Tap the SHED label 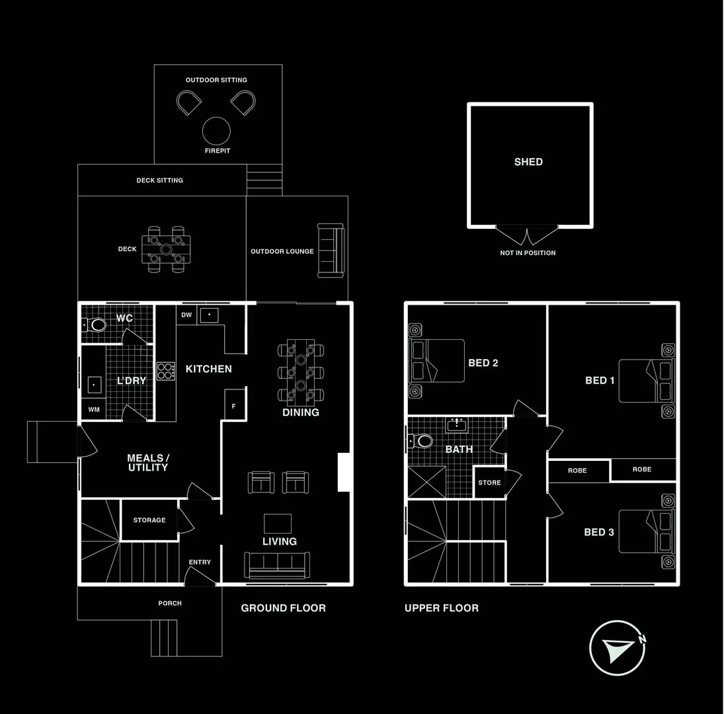tap(528, 162)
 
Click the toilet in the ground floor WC tap(95, 325)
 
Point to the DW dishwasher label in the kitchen tap(186, 315)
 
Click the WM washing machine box tap(93, 410)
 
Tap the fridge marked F tap(234, 405)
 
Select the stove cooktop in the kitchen tap(165, 370)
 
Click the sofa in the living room tap(277, 564)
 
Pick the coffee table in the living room tap(277, 524)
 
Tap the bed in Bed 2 tap(437, 360)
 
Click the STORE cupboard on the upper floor tap(489, 483)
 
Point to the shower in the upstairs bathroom tap(425, 482)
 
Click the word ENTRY tap(200, 563)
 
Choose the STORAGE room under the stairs tap(149, 520)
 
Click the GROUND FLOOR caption tap(283, 608)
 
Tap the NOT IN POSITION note tap(528, 253)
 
